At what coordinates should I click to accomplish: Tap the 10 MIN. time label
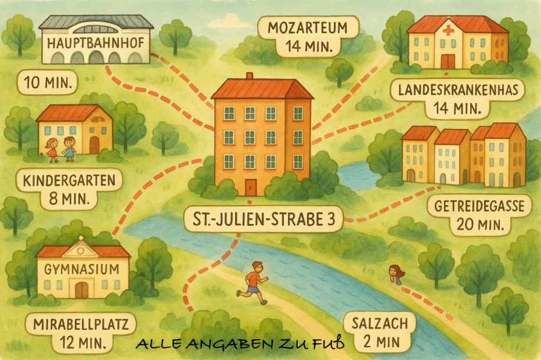(48, 83)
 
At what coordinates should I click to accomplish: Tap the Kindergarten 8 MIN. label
(68, 190)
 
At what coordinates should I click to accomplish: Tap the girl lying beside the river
(396, 274)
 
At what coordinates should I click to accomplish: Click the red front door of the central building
(250, 188)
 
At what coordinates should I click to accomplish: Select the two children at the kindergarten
(61, 148)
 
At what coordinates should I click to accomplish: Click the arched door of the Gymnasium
(82, 289)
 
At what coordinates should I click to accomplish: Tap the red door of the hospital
(447, 61)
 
